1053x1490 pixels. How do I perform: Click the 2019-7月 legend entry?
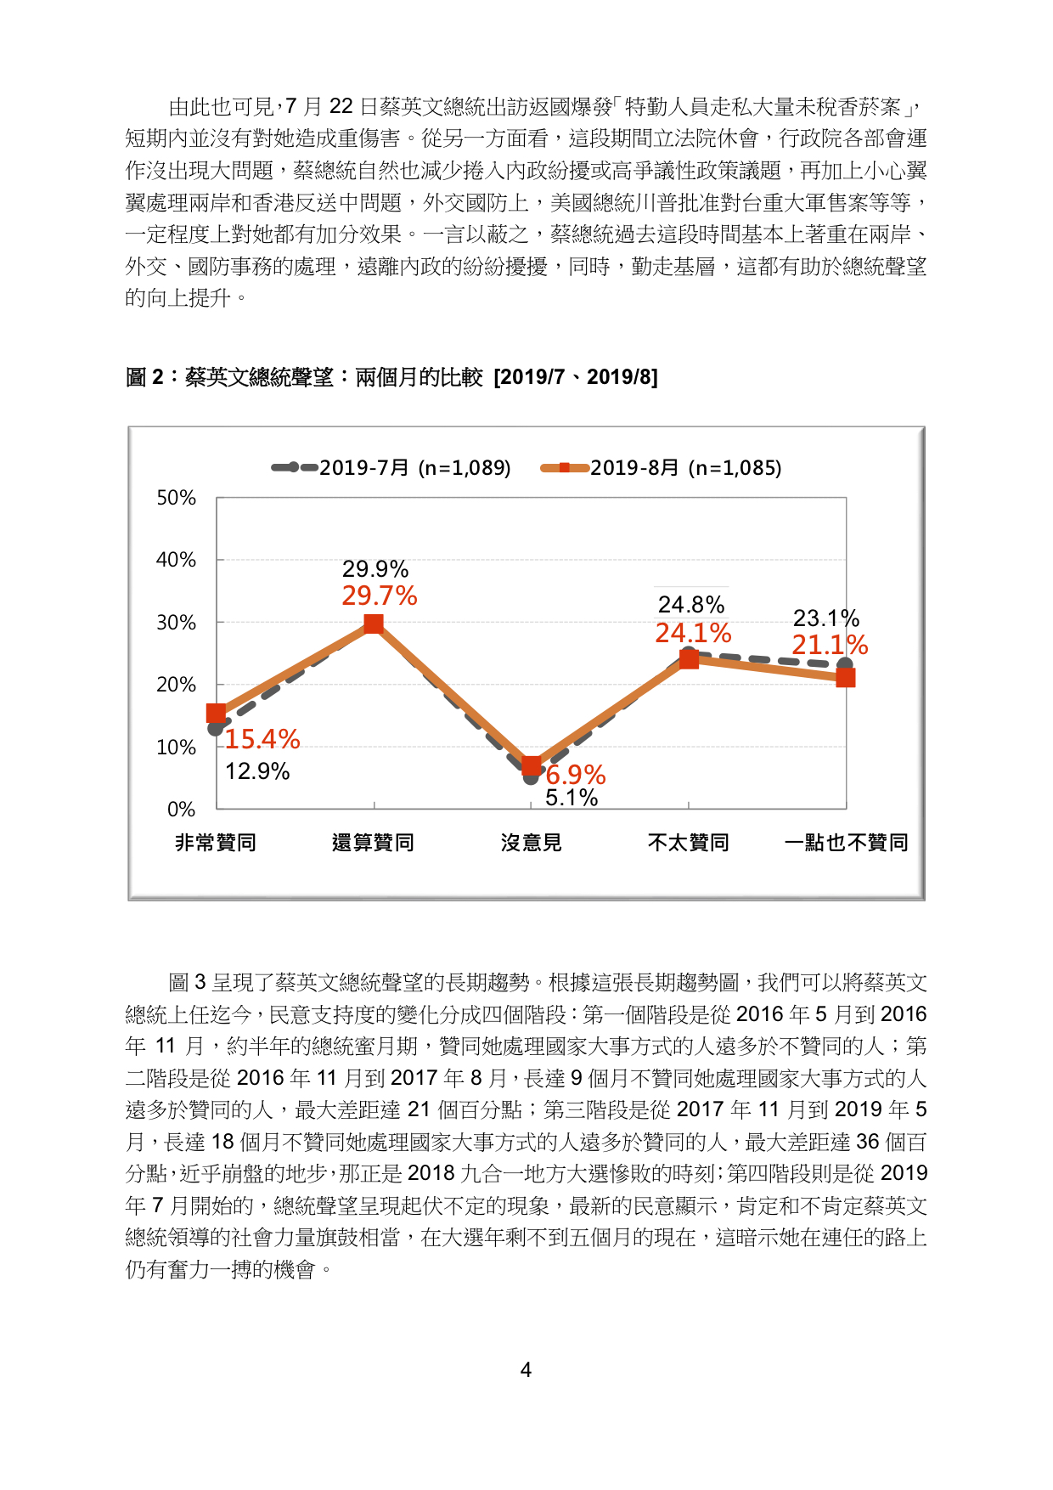[x=391, y=467]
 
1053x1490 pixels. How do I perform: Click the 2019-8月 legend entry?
[x=661, y=467]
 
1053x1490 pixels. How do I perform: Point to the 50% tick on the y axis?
[x=176, y=498]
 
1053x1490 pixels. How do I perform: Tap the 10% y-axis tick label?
[x=176, y=748]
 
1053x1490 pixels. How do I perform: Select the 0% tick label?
[x=181, y=810]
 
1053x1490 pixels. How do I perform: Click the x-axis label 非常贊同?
[x=216, y=843]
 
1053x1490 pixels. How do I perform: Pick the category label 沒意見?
[x=532, y=843]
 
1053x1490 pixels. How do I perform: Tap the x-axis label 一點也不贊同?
[x=846, y=843]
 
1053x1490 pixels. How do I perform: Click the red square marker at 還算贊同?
[x=374, y=624]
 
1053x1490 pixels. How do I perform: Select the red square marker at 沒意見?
[x=532, y=766]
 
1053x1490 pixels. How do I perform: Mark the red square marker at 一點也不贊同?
[x=845, y=677]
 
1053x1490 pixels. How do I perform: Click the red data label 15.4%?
[x=262, y=739]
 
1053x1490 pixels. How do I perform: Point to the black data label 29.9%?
[x=375, y=569]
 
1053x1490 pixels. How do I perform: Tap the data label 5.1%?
[x=572, y=798]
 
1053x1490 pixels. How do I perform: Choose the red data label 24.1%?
[x=693, y=633]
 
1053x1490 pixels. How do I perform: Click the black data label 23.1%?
[x=826, y=618]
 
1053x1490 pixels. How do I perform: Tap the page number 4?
[x=526, y=1370]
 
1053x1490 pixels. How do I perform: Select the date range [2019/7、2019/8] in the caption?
[x=576, y=377]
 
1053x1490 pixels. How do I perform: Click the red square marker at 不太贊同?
[x=689, y=658]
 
